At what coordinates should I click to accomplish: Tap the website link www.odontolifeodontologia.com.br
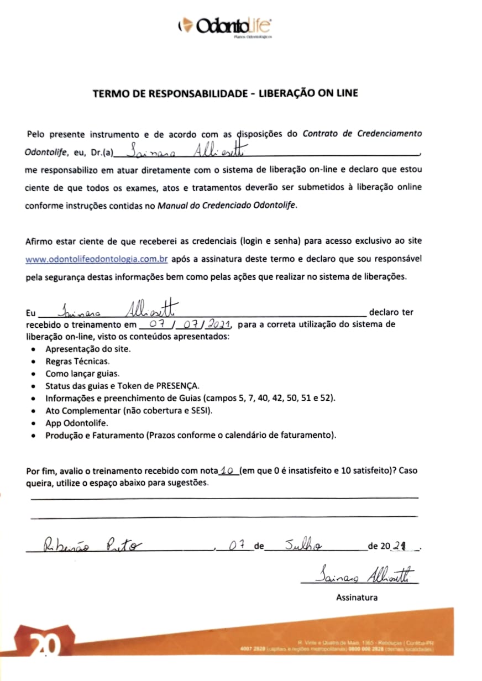point(97,259)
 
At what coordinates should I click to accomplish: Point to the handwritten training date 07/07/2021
point(186,324)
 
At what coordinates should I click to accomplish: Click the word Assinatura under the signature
point(357,597)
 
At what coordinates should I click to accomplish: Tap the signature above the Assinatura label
point(362,575)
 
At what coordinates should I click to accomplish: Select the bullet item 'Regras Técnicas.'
point(77,361)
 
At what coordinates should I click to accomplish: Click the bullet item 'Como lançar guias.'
point(81,373)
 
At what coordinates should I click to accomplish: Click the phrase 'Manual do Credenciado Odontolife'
point(227,206)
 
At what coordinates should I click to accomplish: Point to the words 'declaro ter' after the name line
point(391,312)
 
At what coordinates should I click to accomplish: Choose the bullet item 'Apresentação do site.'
point(88,349)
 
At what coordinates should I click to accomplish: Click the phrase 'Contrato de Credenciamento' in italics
point(362,133)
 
